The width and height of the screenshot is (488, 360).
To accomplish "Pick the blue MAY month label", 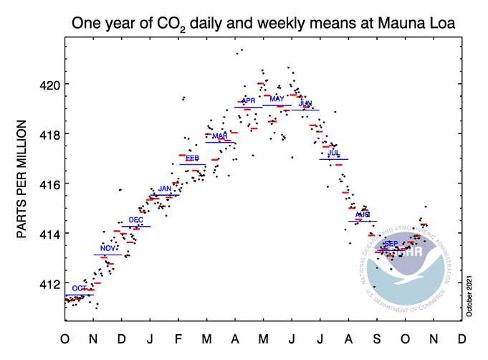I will tap(277, 99).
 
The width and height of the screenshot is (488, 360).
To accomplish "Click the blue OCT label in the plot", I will tap(79, 288).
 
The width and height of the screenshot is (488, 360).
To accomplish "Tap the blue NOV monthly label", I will tap(107, 248).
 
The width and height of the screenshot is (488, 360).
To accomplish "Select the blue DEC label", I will tap(135, 220).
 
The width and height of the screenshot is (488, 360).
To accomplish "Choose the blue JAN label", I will tap(165, 189).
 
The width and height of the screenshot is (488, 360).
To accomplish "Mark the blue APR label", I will tap(248, 101).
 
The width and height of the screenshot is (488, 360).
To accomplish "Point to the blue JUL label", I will tap(333, 153).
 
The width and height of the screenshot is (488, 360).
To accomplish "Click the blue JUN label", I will tap(305, 104).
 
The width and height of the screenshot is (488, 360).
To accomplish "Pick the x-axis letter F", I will tap(178, 338).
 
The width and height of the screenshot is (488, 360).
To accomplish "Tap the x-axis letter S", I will tap(375, 338).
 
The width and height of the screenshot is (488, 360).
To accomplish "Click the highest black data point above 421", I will tap(242, 49).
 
